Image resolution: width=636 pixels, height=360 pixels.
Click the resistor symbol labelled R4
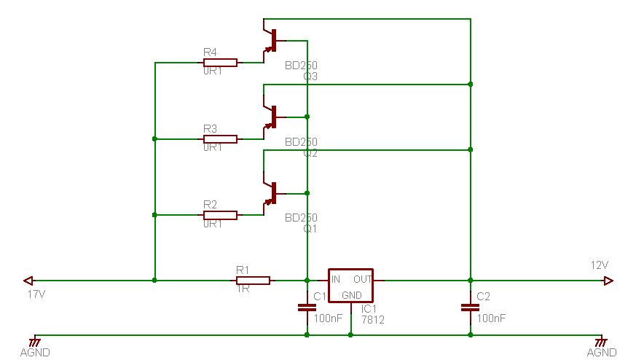tap(220, 62)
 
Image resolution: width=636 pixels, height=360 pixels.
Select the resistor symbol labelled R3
tap(220, 138)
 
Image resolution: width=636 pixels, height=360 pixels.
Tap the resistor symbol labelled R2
tap(220, 215)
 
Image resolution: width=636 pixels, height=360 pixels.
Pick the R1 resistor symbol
tap(253, 280)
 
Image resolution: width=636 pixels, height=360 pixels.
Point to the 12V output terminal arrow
tap(608, 280)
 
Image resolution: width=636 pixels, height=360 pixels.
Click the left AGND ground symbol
tap(34, 340)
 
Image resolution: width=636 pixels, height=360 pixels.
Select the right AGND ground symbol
tap(600, 340)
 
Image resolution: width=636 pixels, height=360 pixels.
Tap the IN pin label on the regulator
tap(336, 279)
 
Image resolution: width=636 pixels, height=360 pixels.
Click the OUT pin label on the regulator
tap(363, 279)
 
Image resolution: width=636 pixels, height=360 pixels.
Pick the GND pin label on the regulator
tap(351, 295)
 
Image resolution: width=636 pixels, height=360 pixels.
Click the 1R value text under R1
tap(243, 289)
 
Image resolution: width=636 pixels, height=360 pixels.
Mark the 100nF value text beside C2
tap(491, 318)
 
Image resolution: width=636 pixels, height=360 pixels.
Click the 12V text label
tap(599, 265)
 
